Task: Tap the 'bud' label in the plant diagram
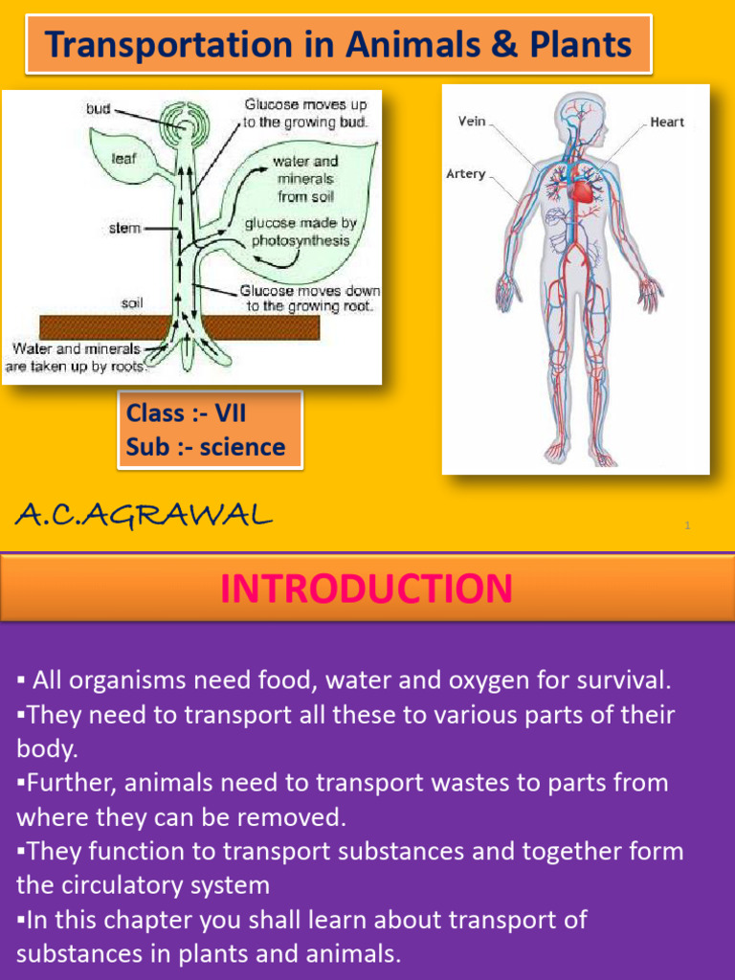(98, 109)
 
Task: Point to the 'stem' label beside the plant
(124, 228)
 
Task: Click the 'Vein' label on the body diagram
(473, 122)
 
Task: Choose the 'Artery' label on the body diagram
(466, 174)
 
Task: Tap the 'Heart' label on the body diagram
(667, 122)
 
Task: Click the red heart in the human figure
(581, 191)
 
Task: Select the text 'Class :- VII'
(186, 413)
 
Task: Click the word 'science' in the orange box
(242, 447)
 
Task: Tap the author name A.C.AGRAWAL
(144, 516)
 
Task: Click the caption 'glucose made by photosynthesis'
(301, 232)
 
